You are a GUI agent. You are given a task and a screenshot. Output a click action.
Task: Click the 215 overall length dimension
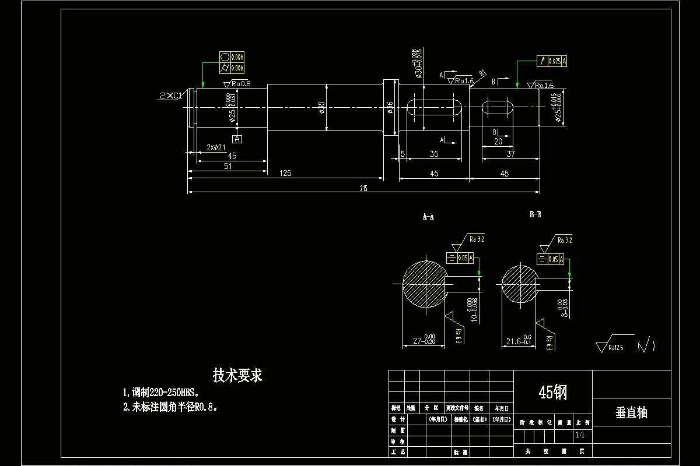tap(363, 188)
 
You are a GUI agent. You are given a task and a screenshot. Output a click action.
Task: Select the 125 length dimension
tap(285, 173)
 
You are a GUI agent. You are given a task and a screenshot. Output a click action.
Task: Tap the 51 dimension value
tap(228, 166)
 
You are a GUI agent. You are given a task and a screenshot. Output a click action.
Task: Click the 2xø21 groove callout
tap(216, 147)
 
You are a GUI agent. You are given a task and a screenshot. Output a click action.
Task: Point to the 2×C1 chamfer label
tap(171, 95)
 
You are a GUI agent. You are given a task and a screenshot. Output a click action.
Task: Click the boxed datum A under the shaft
tap(237, 139)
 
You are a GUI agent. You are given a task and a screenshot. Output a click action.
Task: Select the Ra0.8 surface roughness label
tap(239, 84)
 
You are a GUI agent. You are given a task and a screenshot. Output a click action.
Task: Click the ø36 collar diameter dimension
tap(390, 108)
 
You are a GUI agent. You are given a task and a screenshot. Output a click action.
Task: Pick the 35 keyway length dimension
tap(433, 154)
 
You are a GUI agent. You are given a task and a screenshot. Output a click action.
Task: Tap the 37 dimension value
tap(510, 154)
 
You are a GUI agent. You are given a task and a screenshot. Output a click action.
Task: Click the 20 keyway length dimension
tap(498, 142)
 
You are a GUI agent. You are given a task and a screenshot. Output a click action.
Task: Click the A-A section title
tap(428, 217)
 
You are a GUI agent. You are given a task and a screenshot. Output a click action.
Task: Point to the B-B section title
tap(535, 214)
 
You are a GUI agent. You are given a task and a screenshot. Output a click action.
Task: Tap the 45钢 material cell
tap(552, 393)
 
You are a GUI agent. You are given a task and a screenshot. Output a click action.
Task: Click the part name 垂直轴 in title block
tap(631, 413)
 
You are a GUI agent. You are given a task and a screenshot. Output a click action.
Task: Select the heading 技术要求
tap(237, 376)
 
